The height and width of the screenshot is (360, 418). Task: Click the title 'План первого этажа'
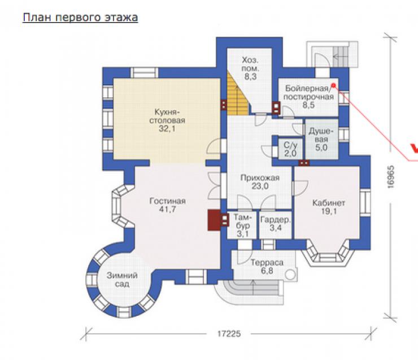80,18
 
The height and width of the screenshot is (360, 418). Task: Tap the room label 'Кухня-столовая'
167,116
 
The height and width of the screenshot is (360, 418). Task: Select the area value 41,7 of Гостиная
167,210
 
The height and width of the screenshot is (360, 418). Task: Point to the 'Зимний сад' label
122,280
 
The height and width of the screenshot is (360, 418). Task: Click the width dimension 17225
229,333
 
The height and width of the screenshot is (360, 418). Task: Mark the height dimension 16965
390,177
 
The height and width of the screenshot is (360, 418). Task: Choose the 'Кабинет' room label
329,203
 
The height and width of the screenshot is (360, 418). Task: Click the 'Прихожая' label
260,178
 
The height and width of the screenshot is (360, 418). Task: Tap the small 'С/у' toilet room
290,149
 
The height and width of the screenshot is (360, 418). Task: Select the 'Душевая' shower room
321,139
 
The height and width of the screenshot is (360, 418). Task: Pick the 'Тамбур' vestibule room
242,225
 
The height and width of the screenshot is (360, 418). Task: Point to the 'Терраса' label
267,263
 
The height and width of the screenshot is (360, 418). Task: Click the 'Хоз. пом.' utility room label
250,64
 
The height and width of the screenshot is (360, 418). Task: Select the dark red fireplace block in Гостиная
214,220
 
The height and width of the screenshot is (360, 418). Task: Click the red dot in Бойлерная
333,85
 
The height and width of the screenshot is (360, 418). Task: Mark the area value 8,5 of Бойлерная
308,105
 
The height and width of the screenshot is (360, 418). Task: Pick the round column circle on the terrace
289,275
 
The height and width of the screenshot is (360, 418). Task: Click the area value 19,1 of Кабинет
329,211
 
